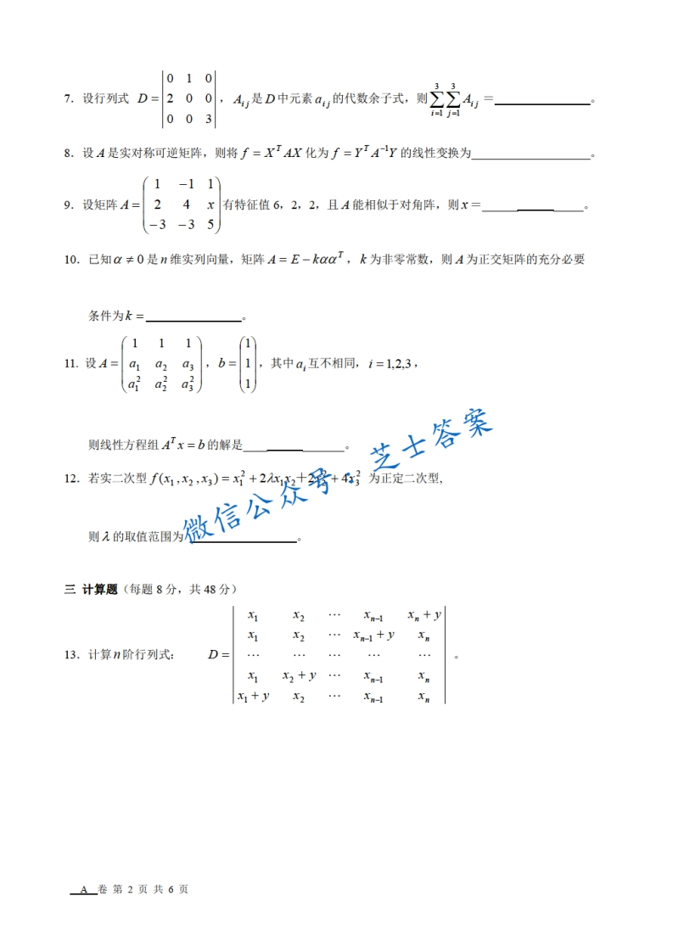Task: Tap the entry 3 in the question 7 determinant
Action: (207, 120)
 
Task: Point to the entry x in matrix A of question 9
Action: (210, 204)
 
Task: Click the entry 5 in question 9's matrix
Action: (210, 225)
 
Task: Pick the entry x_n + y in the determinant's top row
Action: (423, 615)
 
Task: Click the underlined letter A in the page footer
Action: (83, 889)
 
